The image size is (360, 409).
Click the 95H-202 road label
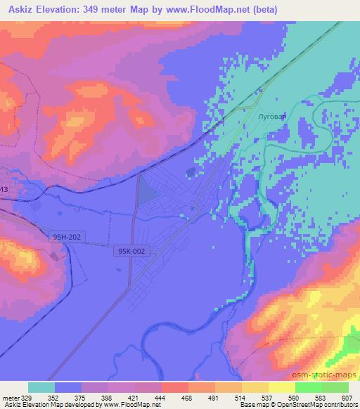(x=69, y=238)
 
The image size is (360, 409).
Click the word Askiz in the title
(x=17, y=10)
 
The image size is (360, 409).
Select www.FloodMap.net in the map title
(x=212, y=10)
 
